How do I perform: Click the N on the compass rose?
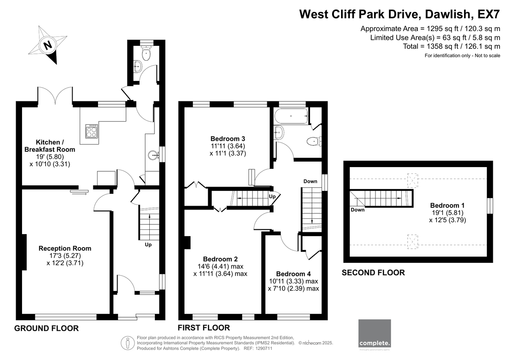[48, 45]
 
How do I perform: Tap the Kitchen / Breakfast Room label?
[50, 146]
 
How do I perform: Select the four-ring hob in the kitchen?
[92, 131]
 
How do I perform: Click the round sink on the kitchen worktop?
[153, 156]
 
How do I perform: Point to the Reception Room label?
[65, 248]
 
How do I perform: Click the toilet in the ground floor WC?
[146, 53]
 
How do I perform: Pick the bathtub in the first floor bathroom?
[291, 116]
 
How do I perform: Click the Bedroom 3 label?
[228, 139]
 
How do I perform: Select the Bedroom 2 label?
[221, 259]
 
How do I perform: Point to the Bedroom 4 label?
[294, 273]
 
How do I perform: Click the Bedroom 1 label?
[447, 205]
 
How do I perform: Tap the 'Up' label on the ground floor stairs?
[148, 245]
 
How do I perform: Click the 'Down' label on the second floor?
[358, 209]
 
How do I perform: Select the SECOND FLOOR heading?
[373, 273]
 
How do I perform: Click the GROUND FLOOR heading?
[46, 328]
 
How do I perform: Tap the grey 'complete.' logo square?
[375, 333]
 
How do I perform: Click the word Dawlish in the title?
[447, 14]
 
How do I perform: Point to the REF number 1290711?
[263, 349]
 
